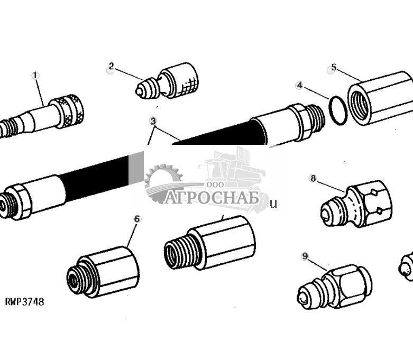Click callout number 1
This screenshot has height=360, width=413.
[35, 76]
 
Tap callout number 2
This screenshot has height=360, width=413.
[111, 67]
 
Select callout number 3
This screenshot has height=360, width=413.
[153, 121]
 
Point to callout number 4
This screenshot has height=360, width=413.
[299, 85]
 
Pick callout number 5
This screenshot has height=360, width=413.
[333, 68]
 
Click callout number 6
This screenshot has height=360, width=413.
[137, 218]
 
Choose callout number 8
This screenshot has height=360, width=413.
[313, 179]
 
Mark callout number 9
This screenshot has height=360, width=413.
[305, 256]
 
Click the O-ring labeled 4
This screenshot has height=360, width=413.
[337, 109]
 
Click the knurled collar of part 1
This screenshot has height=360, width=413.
[69, 110]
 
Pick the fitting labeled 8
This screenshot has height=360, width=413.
[357, 203]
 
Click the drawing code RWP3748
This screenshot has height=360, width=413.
[24, 302]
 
